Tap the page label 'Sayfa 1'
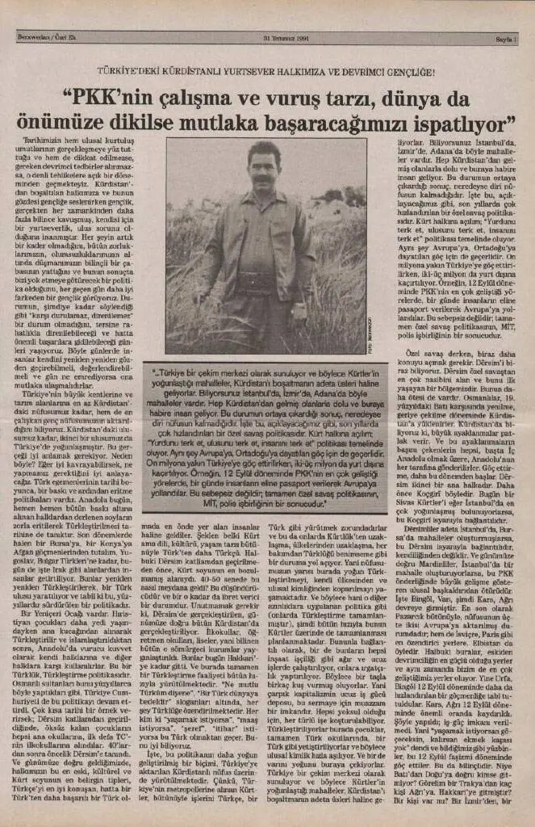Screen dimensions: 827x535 (504, 36)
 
